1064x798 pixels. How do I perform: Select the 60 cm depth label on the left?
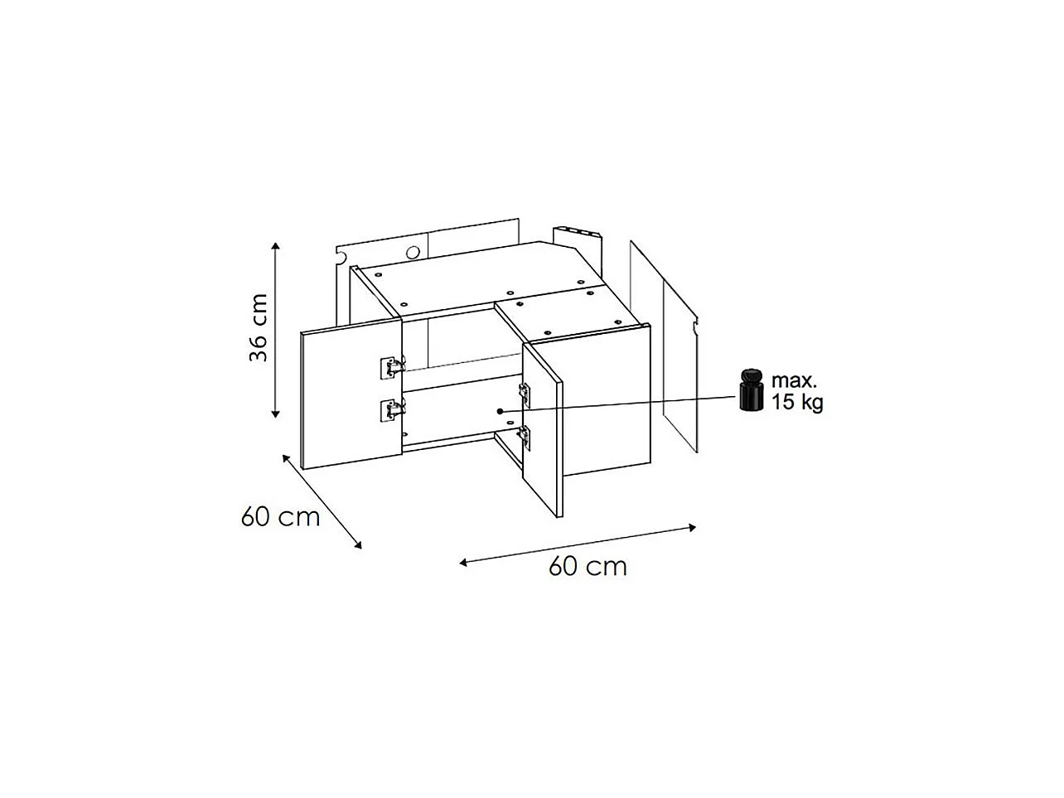point(280,517)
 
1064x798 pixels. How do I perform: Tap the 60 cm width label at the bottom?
point(588,567)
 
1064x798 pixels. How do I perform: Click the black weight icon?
point(752,389)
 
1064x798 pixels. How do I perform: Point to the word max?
point(794,381)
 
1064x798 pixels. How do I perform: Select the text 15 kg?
point(797,404)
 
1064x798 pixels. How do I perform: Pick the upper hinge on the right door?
point(524,389)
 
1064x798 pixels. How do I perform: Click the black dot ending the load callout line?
point(501,411)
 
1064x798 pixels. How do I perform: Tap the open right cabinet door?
point(542,431)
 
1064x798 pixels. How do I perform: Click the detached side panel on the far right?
point(664,348)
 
